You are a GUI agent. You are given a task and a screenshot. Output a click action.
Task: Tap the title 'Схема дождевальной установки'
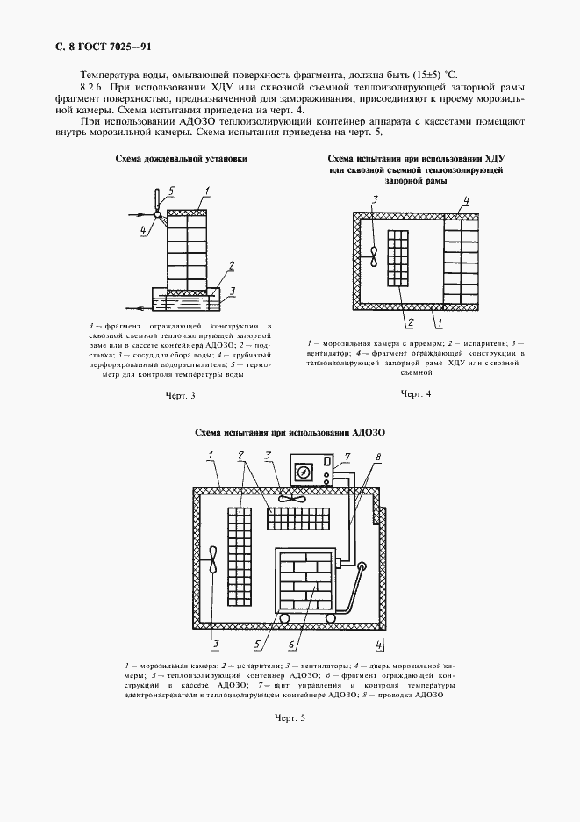[x=181, y=159]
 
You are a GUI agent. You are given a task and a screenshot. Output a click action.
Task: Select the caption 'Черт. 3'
[x=180, y=396]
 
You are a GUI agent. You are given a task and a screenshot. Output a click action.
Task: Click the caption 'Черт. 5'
[x=290, y=718]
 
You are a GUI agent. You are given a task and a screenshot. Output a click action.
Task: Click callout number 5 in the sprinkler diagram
[x=172, y=190]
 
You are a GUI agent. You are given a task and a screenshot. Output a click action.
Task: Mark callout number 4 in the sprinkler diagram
[x=141, y=231]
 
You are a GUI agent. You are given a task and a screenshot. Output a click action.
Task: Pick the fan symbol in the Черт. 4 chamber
[x=375, y=256]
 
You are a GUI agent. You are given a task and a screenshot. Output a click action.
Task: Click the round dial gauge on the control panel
[x=304, y=472]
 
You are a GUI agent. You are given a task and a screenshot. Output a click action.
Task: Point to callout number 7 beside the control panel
[x=347, y=457]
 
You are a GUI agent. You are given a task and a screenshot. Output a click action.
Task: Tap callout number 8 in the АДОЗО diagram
[x=377, y=457]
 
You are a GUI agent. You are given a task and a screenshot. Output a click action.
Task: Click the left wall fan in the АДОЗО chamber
[x=213, y=568]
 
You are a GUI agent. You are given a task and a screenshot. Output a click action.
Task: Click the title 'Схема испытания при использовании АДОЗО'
[x=290, y=433]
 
